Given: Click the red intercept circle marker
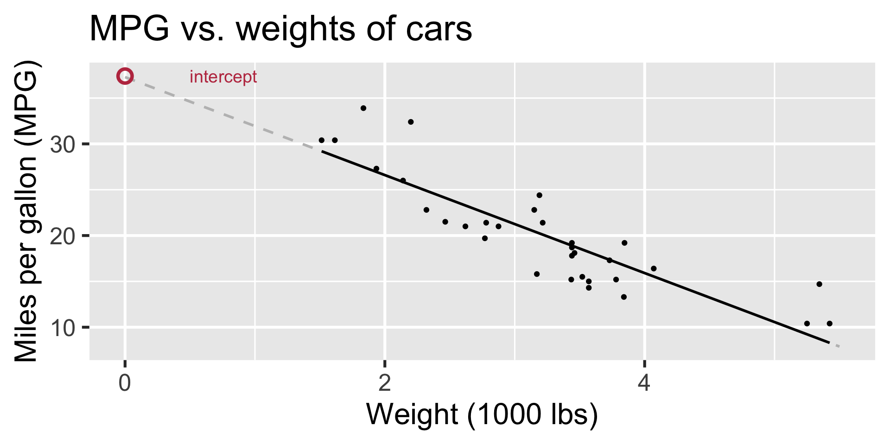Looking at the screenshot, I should coord(125,76).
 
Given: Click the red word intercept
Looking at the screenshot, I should coord(223,77).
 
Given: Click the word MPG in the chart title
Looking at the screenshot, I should coord(129,29).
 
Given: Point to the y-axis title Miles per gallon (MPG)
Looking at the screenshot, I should coord(26,211).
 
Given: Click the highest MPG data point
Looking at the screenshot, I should coord(363,108).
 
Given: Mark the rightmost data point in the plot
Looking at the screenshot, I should coord(829,324).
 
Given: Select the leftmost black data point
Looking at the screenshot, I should coord(321,140).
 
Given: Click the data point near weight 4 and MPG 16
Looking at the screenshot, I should coord(654,268).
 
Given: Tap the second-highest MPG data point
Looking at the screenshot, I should coord(411,122).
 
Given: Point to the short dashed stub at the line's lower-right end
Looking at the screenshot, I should coord(835,345).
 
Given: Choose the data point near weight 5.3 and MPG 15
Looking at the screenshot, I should coord(819,284).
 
